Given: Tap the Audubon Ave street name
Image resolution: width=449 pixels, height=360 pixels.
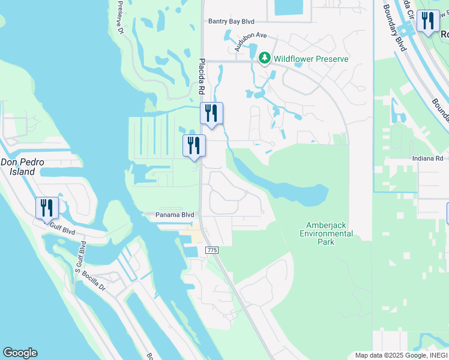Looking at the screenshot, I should point(250,42).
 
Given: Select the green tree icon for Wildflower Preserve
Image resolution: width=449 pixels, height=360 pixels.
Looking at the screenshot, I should point(264,58).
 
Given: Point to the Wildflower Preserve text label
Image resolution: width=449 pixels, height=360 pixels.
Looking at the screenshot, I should point(310,59).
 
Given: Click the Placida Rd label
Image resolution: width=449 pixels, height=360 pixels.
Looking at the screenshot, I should point(202,77).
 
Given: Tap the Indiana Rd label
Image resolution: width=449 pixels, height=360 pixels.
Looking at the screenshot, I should point(427,158).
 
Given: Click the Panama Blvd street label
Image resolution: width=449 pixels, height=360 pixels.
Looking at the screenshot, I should point(175,215).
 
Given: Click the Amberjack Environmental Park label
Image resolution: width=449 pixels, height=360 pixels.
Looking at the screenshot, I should point(325,233).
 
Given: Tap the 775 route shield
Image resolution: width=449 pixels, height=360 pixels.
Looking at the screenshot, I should point(211,250).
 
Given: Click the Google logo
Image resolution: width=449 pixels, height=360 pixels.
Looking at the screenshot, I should point(20,353).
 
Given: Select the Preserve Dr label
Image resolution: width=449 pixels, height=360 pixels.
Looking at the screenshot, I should point(121,15).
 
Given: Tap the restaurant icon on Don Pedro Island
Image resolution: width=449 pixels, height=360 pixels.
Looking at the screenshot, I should point(47,208).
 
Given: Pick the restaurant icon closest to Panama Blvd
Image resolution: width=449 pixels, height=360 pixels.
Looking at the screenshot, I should point(194,146).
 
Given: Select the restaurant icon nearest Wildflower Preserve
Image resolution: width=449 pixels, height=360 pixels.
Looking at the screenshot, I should point(211,113).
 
